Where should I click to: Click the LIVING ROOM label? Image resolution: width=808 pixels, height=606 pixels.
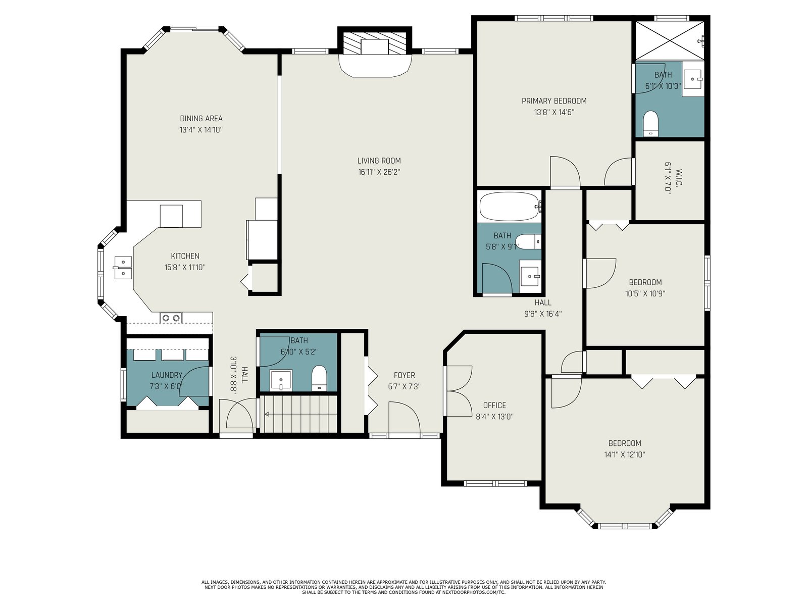pos(379,161)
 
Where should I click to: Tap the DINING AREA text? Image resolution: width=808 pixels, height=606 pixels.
pos(201,119)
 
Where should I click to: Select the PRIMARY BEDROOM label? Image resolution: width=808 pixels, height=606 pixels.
pos(554,101)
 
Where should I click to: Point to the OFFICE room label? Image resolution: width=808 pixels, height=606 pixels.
pos(494,405)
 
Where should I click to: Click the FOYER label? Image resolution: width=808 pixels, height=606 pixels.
pos(404,375)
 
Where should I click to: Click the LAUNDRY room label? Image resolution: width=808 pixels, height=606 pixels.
pos(167,375)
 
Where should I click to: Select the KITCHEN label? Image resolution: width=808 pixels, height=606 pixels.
pos(185,256)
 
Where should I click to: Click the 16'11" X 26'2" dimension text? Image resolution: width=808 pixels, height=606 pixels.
pos(379,172)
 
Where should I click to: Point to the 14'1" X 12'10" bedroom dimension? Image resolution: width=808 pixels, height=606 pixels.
pos(624,454)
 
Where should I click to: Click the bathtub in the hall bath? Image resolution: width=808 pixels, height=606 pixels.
pos(510,207)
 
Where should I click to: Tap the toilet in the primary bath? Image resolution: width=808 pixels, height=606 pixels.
pos(650,123)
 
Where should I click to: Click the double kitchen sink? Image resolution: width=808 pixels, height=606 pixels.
pos(123,268)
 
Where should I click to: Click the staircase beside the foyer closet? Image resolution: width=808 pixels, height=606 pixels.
pos(298,414)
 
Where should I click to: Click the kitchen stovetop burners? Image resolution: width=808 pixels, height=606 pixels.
pos(171,318)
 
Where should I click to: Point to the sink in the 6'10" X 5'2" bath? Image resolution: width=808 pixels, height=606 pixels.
pos(281,380)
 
